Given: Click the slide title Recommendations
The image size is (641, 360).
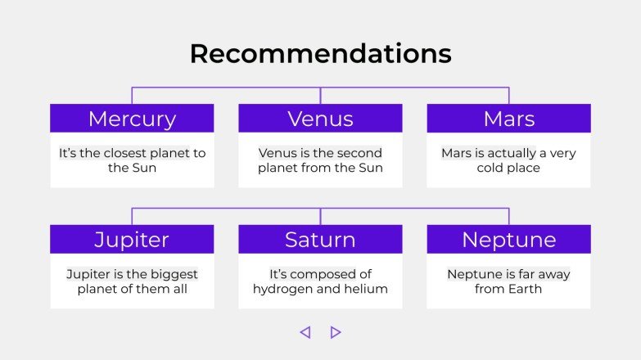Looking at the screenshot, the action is [x=321, y=53].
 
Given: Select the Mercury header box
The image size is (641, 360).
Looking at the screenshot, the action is [x=132, y=118].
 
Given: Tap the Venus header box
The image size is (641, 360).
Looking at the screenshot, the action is [x=321, y=118].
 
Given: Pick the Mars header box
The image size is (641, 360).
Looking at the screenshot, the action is [x=509, y=118].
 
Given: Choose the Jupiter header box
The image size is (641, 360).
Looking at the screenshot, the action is [x=132, y=239].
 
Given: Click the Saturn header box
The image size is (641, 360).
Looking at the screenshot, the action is [x=321, y=239].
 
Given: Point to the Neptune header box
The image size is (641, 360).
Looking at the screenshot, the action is [x=509, y=239].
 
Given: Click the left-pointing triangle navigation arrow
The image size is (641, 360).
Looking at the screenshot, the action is [x=305, y=332].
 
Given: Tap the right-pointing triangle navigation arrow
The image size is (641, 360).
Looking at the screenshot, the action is [x=336, y=332].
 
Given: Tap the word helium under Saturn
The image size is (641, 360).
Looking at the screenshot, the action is [x=366, y=289].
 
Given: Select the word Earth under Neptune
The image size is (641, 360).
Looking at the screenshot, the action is [x=525, y=289].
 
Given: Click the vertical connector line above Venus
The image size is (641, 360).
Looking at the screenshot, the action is [x=321, y=96].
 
